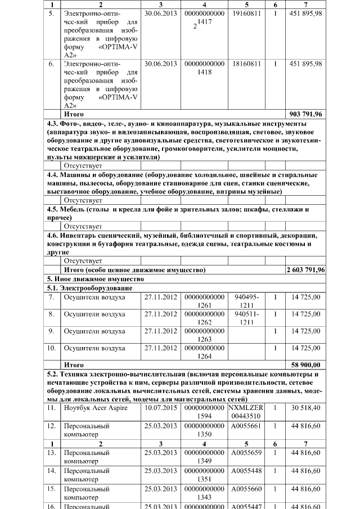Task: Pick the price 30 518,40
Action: click(x=305, y=408)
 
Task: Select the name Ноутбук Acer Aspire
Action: click(x=96, y=408)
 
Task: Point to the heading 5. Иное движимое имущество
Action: click(x=96, y=279)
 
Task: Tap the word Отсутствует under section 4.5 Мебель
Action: click(x=83, y=226)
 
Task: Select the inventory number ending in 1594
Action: click(x=204, y=412)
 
